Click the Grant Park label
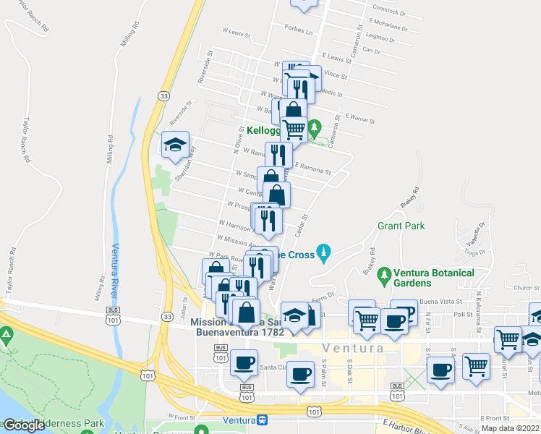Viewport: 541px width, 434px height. click(401, 226)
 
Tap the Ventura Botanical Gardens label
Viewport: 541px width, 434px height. click(434, 278)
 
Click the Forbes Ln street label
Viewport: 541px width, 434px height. click(298, 32)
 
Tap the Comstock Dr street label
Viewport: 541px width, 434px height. click(386, 12)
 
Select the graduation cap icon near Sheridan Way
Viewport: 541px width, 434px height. click(174, 145)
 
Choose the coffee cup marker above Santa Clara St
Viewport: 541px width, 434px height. click(244, 362)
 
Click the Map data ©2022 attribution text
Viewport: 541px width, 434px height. click(510, 428)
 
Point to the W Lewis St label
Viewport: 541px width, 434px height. click(236, 33)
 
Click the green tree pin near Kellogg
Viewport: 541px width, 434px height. click(314, 129)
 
